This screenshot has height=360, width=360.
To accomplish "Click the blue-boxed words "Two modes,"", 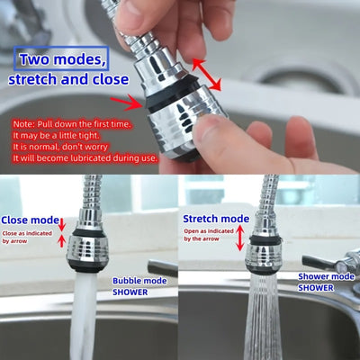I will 60,58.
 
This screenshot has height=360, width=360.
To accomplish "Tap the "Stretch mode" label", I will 216,219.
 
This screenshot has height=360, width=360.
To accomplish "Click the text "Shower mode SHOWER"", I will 327,282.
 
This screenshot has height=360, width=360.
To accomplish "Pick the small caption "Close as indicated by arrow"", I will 28,238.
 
